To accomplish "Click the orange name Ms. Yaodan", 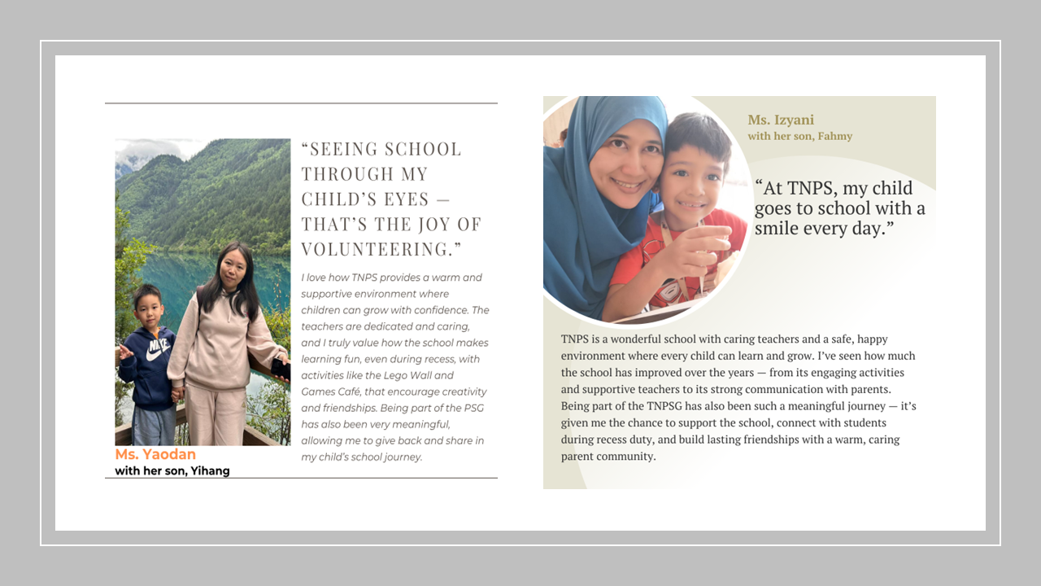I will point(155,454).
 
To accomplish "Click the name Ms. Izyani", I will point(781,120).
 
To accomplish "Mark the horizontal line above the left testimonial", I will point(301,103).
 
